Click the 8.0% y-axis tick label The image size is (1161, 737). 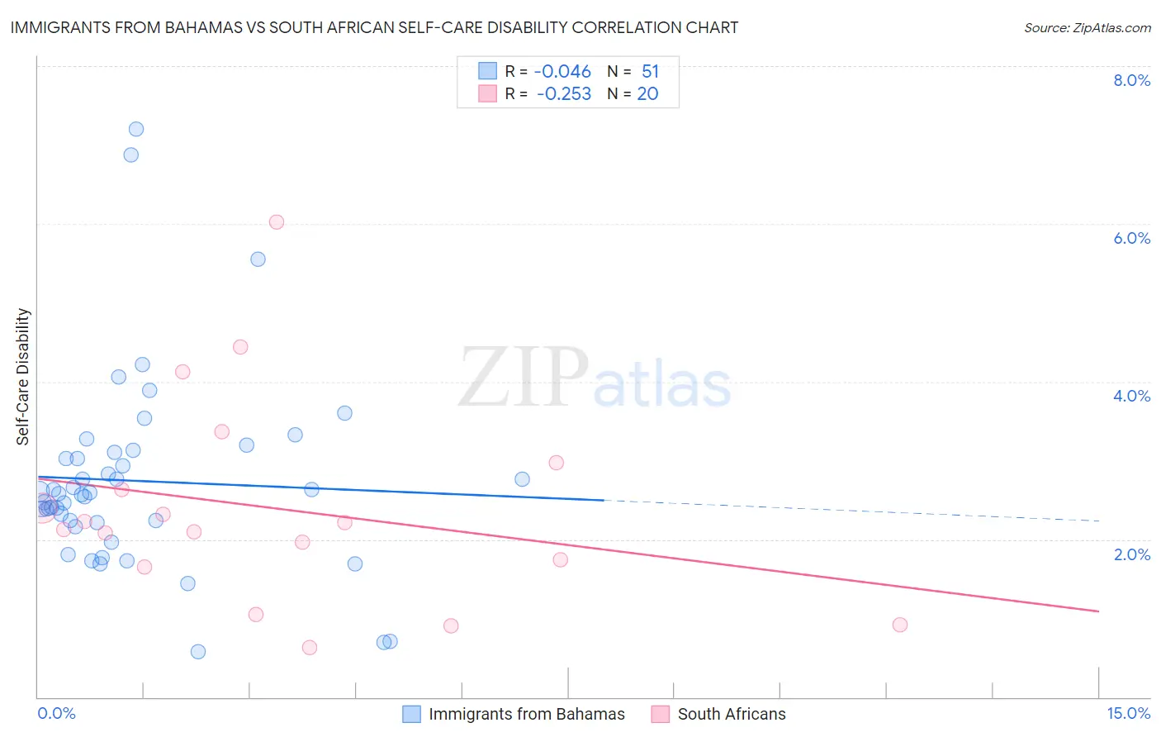pos(1131,80)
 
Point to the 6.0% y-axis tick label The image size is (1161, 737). pos(1131,238)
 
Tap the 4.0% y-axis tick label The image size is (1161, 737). pos(1131,396)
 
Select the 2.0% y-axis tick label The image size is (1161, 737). pos(1131,554)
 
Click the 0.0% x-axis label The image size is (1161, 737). pos(56,713)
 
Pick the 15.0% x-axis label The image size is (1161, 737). pos(1128,713)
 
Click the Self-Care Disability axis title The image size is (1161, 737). pos(23,377)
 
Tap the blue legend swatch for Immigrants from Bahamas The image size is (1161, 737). pos(412,714)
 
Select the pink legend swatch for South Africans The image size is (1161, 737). pos(660,714)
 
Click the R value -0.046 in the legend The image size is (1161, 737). pos(562,72)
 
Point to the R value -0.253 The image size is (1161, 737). pos(564,94)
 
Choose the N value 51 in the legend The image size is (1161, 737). pos(650,72)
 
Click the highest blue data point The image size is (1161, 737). pos(136,129)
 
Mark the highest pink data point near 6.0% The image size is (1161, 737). pos(277,222)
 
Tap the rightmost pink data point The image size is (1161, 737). pos(900,625)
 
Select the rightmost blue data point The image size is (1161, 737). pos(522,479)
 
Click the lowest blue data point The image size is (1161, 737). pos(198,652)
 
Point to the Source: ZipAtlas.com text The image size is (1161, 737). pos(1088,27)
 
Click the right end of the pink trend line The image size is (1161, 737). pos(1098,611)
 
